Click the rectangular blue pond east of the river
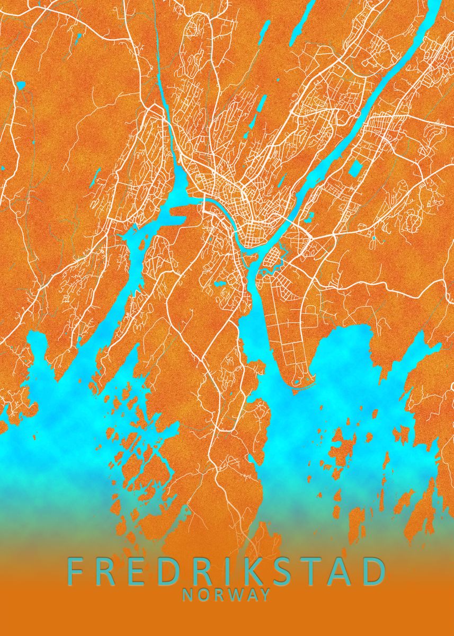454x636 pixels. pyautogui.click(x=354, y=169)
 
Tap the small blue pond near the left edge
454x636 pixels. pyautogui.click(x=21, y=85)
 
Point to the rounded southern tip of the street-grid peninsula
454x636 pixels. pyautogui.click(x=297, y=381)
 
